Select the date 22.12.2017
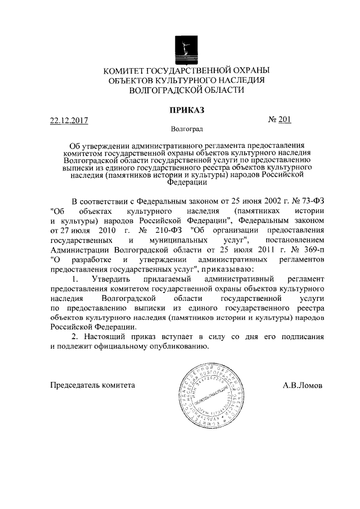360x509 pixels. pyautogui.click(x=69, y=120)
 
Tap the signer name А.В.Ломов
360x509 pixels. pyautogui.click(x=303, y=388)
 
